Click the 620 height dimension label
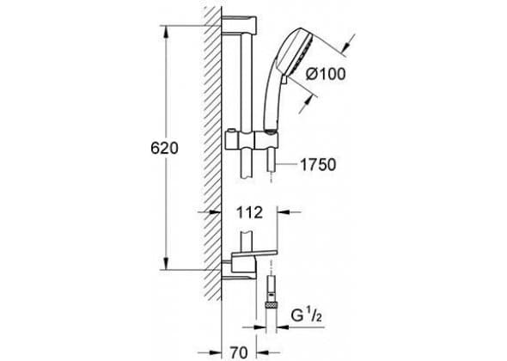point(164,148)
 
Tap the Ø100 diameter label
point(326,74)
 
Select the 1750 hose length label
point(318,165)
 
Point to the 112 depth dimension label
point(249,213)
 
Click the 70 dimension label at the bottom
point(239,352)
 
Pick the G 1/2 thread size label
point(306,316)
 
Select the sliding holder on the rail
point(252,140)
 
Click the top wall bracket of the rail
point(239,25)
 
